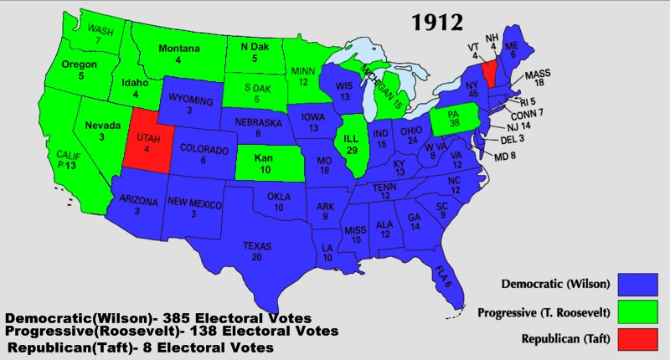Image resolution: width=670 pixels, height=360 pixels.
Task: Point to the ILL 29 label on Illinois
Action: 352,143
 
